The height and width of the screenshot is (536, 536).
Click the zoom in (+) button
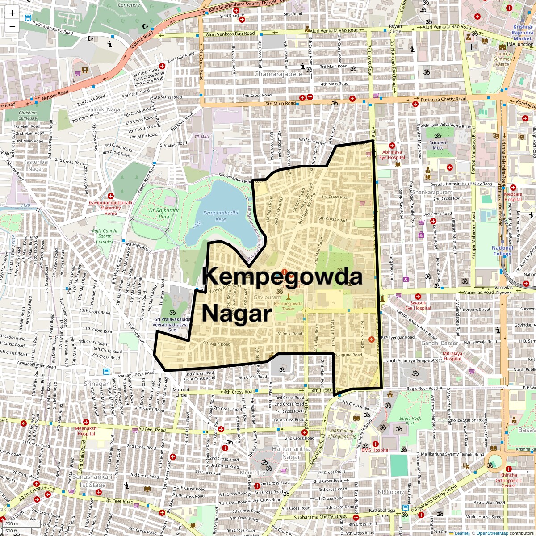pos(12,13)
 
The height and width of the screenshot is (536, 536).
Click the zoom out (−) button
pos(12,26)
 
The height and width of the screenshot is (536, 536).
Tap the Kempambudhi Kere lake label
pos(214,216)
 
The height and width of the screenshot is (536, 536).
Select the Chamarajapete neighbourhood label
pos(278,73)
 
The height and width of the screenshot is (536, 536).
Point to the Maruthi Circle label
pos(181,392)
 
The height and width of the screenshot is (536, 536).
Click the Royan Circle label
pos(395,29)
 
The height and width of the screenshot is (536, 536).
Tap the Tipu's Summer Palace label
pos(502,59)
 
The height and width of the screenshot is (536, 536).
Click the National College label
pos(502,251)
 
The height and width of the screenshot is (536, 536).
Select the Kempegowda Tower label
pos(288,306)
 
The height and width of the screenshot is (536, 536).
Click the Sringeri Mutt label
pos(438,145)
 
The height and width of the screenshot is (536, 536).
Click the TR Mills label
pos(201,137)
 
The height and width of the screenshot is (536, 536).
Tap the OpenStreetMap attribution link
pos(493,533)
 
